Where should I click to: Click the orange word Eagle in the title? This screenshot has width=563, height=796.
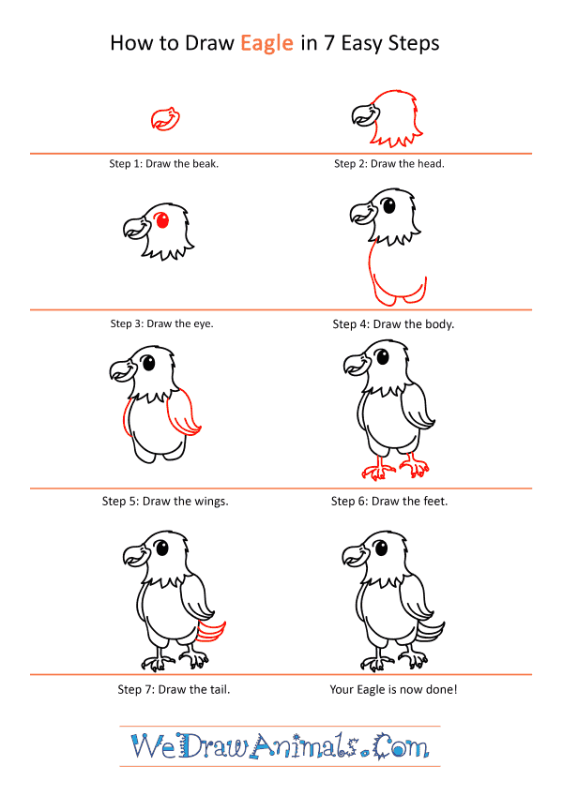[x=266, y=44]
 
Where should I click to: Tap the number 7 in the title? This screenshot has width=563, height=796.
[x=328, y=43]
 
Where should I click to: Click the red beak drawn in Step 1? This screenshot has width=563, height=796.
[x=166, y=119]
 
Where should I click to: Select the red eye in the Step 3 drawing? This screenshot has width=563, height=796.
[x=162, y=220]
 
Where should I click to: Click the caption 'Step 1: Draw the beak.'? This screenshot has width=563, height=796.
[x=163, y=163]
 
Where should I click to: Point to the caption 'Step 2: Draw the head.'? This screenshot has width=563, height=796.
[x=389, y=163]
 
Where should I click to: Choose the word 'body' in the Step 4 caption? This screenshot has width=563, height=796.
[x=439, y=323]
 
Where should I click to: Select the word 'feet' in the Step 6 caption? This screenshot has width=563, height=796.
[x=435, y=502]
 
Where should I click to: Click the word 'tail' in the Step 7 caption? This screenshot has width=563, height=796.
[x=220, y=689]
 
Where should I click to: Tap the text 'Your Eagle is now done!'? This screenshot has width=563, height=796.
[x=393, y=689]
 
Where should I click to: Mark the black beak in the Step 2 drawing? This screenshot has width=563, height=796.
[x=365, y=113]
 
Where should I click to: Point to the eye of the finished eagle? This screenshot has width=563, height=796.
[x=381, y=548]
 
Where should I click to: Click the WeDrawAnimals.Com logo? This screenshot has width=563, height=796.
[x=280, y=746]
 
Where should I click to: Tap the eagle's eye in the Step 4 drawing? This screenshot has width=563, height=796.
[x=388, y=205]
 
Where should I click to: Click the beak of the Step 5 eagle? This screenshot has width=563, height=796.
[x=124, y=369]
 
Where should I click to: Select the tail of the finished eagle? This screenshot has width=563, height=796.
[x=430, y=633]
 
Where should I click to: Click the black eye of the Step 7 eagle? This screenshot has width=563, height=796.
[x=162, y=548]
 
